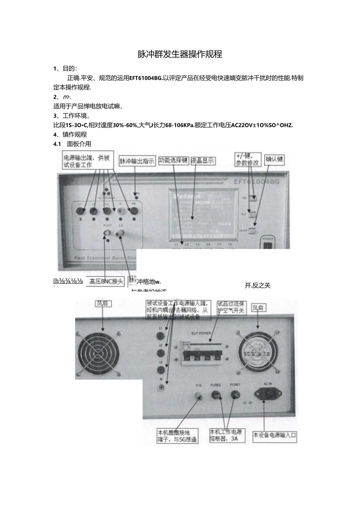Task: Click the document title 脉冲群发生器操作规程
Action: (x=180, y=54)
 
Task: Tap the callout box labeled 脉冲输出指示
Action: (x=137, y=161)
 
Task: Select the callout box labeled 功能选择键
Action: (x=173, y=161)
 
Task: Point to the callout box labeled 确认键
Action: (x=275, y=159)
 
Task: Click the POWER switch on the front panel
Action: (x=268, y=245)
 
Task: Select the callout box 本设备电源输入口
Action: (x=274, y=435)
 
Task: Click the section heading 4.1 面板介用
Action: (x=72, y=144)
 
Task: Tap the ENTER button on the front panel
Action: (x=253, y=230)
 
